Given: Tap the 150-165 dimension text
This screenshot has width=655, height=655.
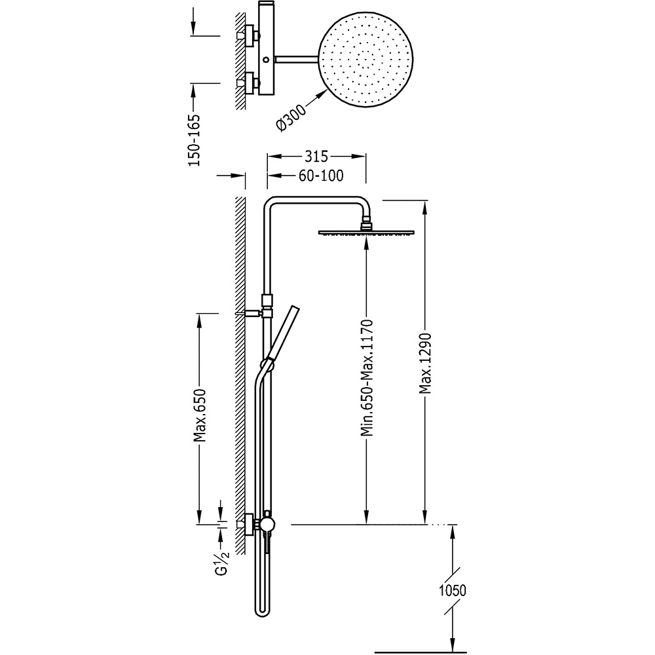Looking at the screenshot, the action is click(x=195, y=140).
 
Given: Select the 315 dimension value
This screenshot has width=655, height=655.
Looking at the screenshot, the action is click(x=316, y=157).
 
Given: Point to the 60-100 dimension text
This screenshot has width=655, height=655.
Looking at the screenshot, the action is click(x=321, y=176).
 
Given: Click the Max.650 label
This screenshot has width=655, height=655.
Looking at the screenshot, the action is click(x=200, y=416).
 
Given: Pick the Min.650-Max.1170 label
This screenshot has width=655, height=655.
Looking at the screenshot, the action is click(x=367, y=378).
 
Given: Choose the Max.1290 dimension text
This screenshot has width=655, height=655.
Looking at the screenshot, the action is click(x=425, y=364).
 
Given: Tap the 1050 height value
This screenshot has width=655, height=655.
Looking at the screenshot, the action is click(x=453, y=591).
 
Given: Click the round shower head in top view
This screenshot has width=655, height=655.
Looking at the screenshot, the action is click(x=366, y=60).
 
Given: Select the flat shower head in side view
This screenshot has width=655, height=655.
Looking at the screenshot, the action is click(x=366, y=233).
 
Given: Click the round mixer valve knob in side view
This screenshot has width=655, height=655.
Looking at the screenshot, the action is click(x=266, y=524).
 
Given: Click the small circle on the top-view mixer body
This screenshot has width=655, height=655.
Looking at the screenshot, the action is click(x=266, y=60).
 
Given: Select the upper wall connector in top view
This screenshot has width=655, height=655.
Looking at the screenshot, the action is click(x=249, y=36).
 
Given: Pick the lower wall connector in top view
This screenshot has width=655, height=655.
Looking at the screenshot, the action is click(x=249, y=83).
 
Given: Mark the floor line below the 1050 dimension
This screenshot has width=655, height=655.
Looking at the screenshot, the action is click(x=421, y=651).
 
